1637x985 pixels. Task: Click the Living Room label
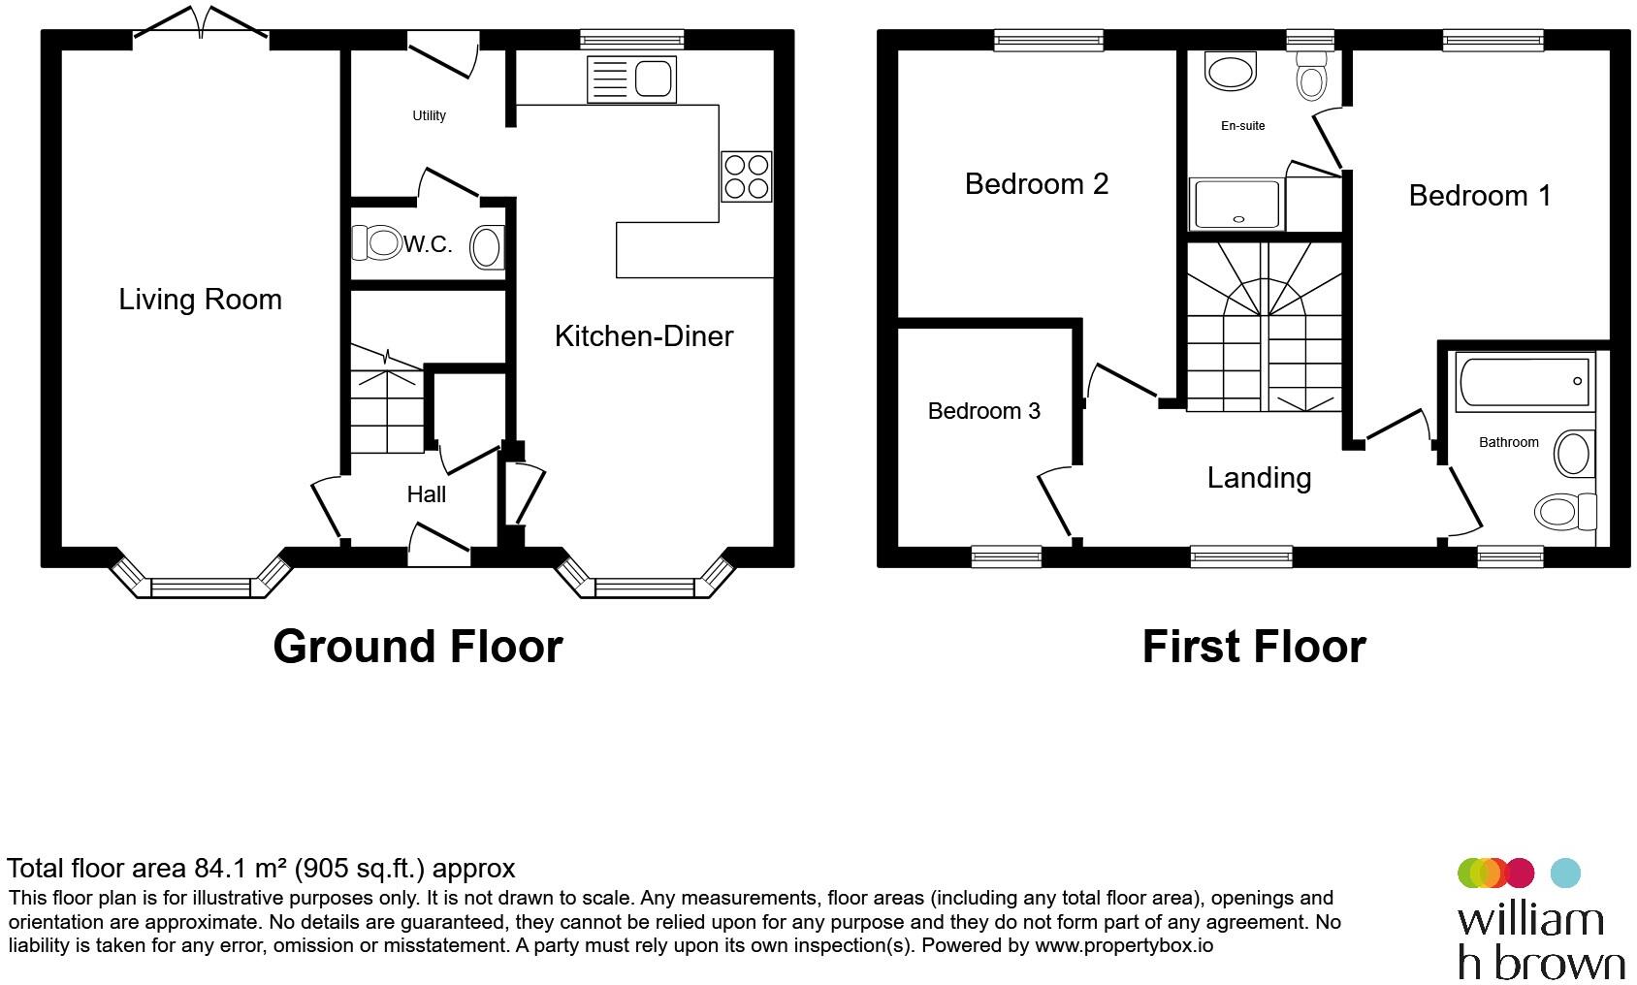(x=200, y=300)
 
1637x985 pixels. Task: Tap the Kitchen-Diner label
(x=644, y=336)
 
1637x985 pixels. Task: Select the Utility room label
(x=429, y=115)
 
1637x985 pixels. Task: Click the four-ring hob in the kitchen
(x=746, y=176)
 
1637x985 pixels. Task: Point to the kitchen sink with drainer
(x=631, y=79)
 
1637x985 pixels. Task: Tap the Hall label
(x=426, y=494)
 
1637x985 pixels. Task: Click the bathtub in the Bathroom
(x=1525, y=381)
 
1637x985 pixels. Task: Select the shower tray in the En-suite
(x=1236, y=205)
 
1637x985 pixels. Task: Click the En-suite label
(x=1242, y=126)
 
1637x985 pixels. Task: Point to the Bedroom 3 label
(x=983, y=411)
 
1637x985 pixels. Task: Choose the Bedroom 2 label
(x=1037, y=184)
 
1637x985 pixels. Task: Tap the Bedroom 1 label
(x=1480, y=196)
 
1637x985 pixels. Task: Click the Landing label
(x=1259, y=478)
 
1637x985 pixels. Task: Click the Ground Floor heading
(x=418, y=647)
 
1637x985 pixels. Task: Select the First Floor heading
(x=1254, y=647)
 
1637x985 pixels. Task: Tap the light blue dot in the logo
(x=1564, y=873)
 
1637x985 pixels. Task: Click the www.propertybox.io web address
(x=1123, y=945)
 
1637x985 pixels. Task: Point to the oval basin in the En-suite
(x=1231, y=72)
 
